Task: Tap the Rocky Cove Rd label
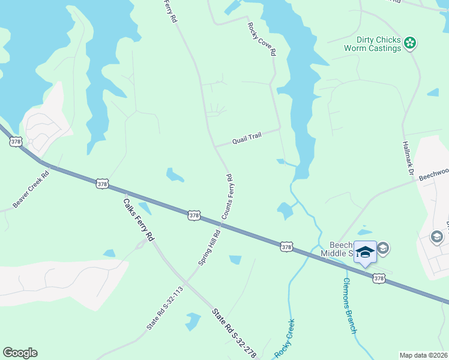(x=262, y=40)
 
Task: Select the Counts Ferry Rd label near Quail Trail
(x=227, y=197)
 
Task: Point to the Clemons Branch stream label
(x=350, y=307)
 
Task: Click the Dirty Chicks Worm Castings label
(x=372, y=43)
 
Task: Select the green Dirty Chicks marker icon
(x=410, y=43)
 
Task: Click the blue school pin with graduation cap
(x=364, y=252)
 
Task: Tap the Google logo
(x=20, y=353)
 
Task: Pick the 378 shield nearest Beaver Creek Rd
(x=102, y=184)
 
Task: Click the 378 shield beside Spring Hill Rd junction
(x=193, y=215)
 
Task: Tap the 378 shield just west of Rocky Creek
(x=286, y=246)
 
